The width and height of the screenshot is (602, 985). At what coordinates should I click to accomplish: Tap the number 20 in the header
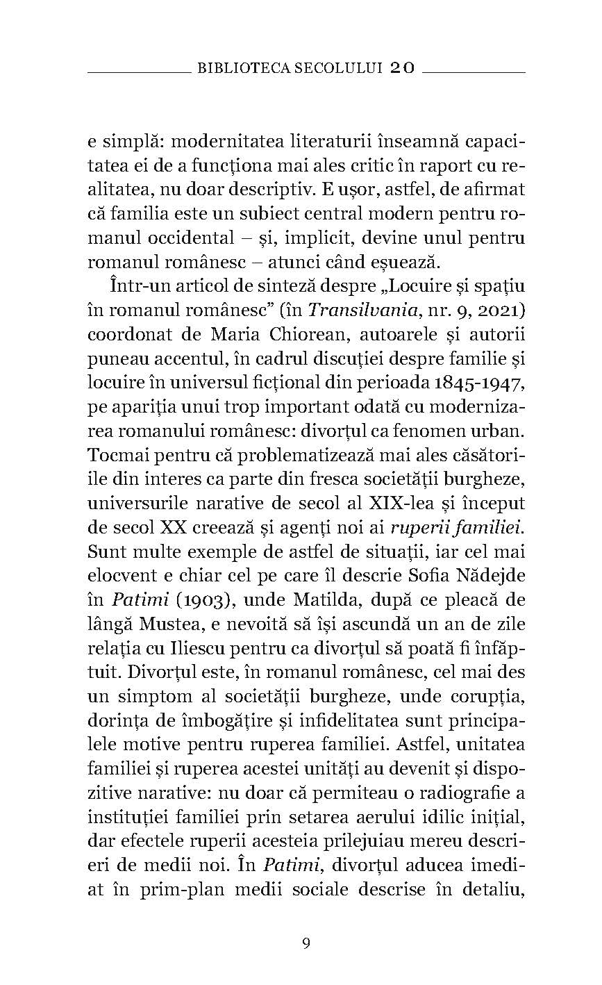pyautogui.click(x=402, y=68)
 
